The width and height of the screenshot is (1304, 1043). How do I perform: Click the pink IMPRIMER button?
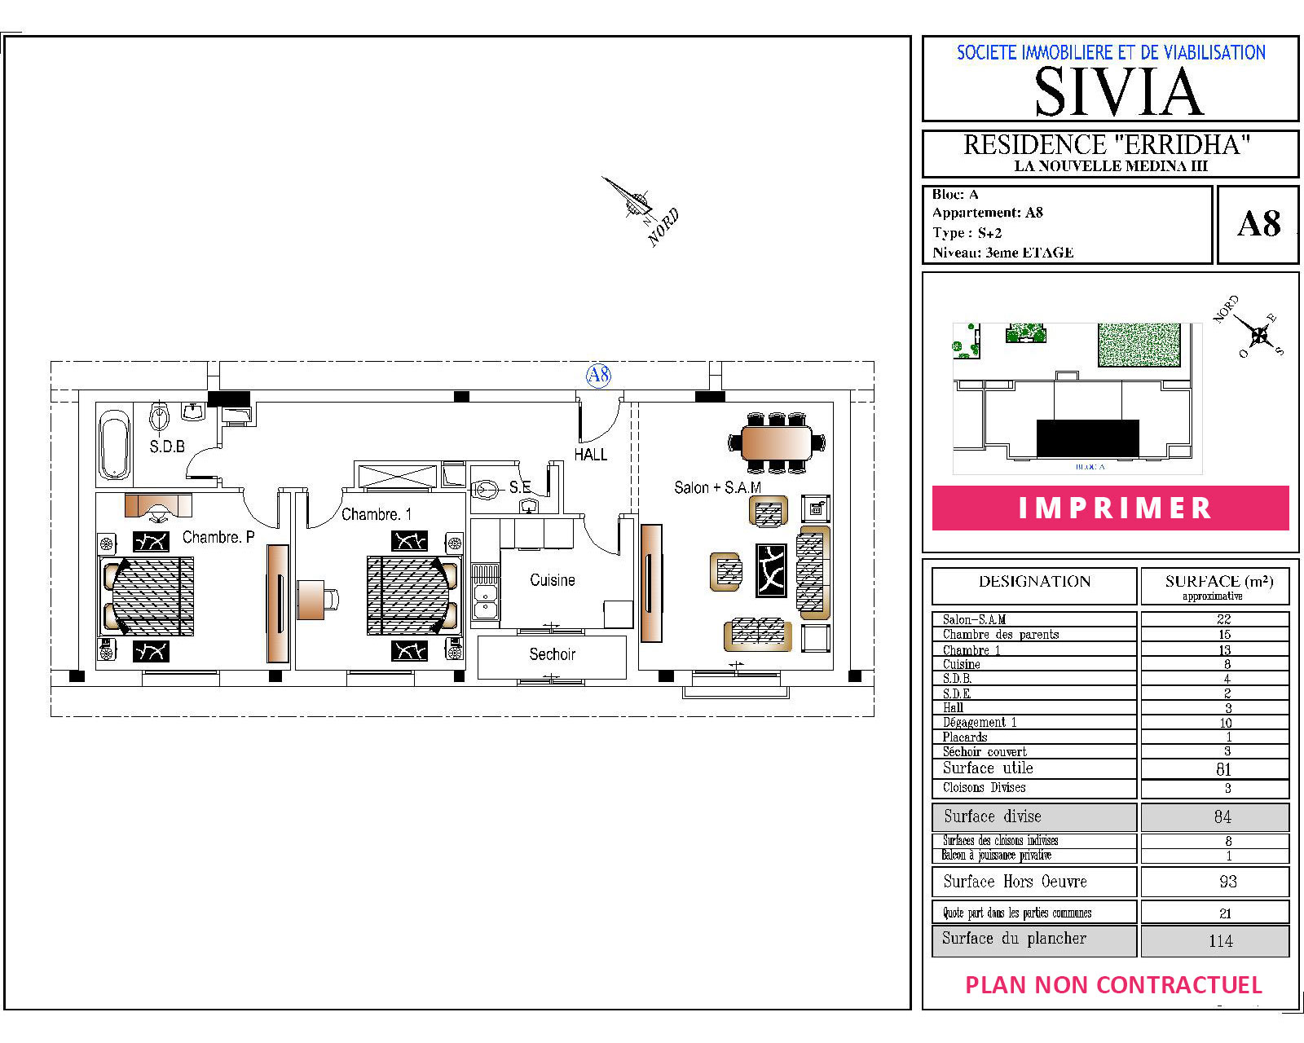pos(1110,508)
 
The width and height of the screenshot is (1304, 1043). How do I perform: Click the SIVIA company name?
pos(1118,92)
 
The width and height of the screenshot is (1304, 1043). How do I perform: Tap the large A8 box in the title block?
pos(1258,224)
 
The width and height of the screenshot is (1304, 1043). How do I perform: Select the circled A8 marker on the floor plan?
pos(598,375)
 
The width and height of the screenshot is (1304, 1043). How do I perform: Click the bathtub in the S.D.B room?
pos(115,445)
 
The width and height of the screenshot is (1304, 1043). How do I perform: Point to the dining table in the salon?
pos(776,443)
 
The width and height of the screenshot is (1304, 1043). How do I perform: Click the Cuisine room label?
pos(552,580)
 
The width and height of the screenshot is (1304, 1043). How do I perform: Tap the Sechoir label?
pos(552,654)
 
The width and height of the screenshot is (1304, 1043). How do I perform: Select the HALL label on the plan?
pos(590,455)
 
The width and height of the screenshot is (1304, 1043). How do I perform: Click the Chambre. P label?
pos(218,537)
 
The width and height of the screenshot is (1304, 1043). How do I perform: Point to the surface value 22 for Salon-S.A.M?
pos(1223,618)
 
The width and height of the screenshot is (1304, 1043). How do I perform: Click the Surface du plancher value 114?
pos(1220,941)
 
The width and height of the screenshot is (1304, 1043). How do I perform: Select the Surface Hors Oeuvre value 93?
pos(1227,881)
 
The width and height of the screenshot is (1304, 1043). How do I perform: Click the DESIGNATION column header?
pos(1034,581)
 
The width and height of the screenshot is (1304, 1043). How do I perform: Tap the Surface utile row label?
pos(988,768)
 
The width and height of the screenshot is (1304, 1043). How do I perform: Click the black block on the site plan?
pos(1088,438)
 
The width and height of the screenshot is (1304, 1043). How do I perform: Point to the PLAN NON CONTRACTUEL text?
pos(1114,985)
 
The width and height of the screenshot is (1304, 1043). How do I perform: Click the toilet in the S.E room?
pos(485,489)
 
